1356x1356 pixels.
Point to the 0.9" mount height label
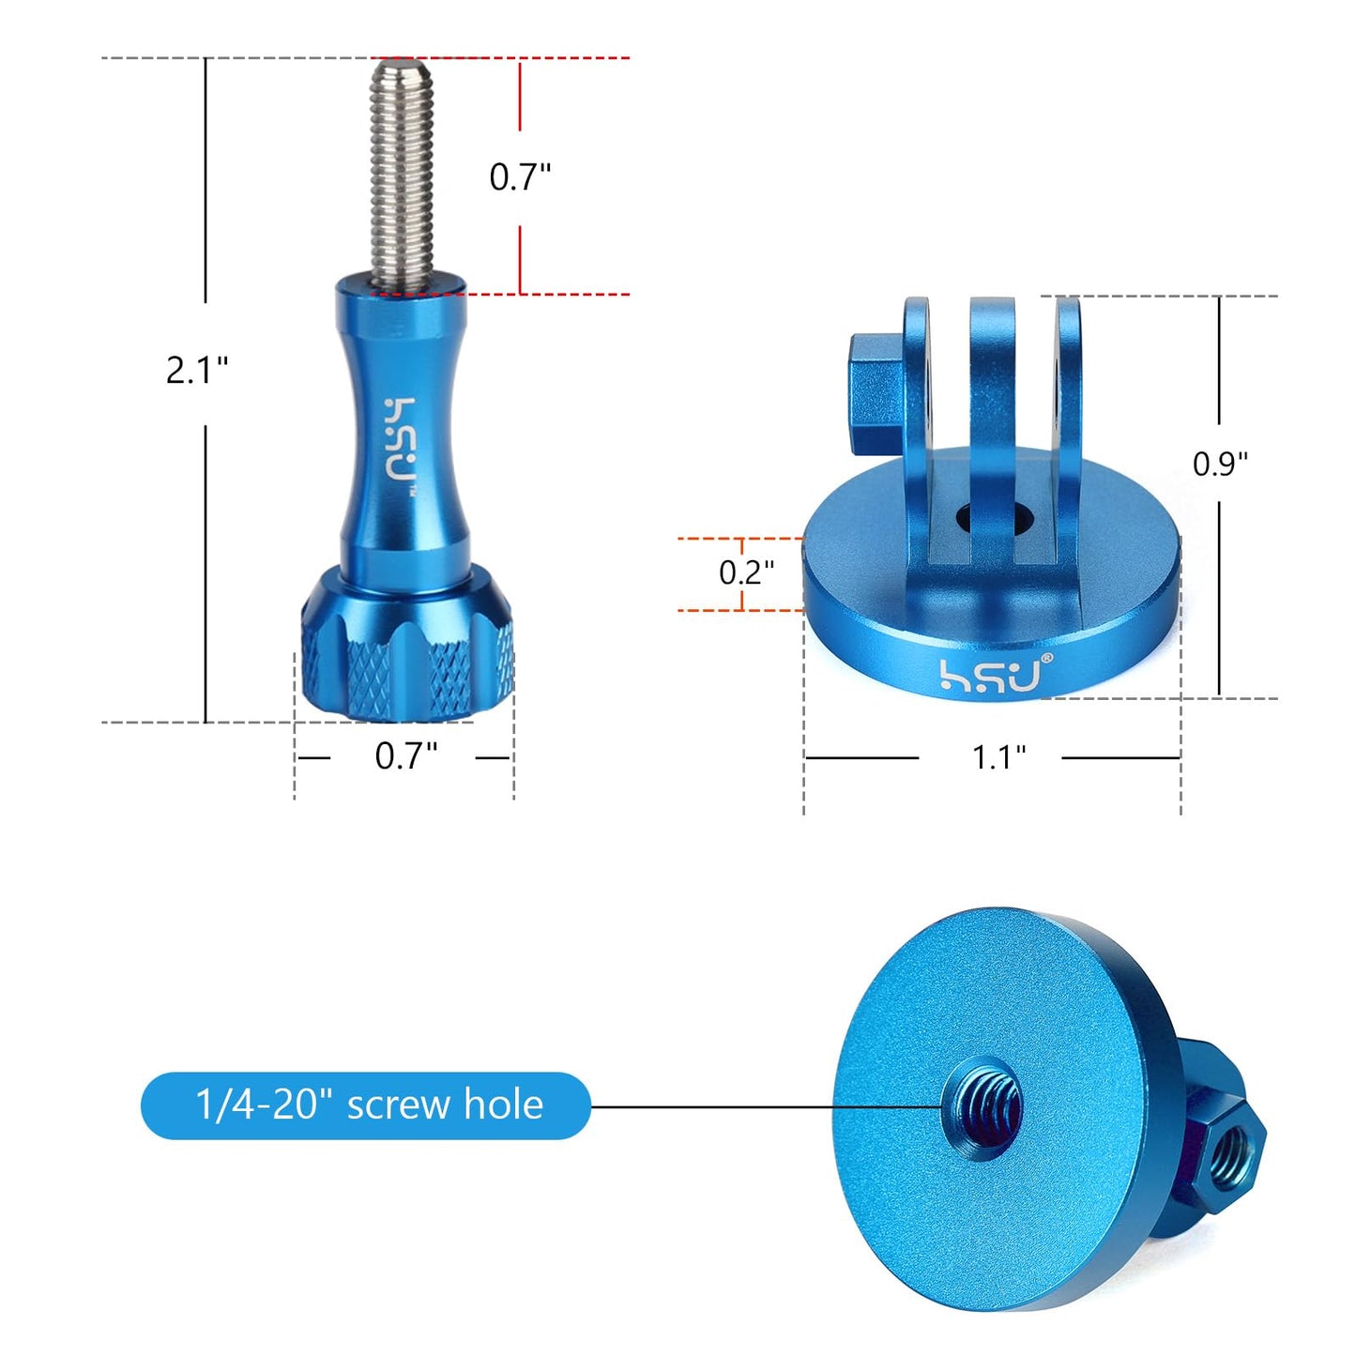click(x=1220, y=464)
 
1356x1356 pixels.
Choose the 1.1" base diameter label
click(x=998, y=757)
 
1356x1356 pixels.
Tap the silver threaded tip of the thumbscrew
click(x=403, y=175)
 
